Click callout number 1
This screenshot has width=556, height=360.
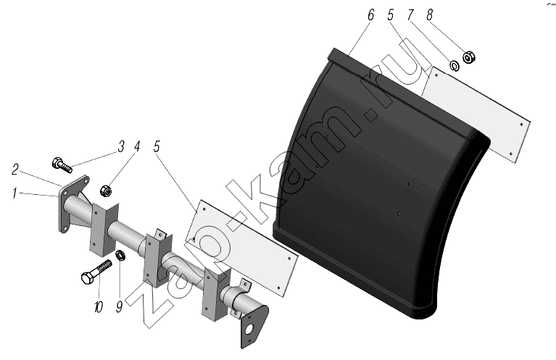click(x=14, y=193)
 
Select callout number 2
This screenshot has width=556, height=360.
click(x=14, y=169)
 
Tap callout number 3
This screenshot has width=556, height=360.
click(x=121, y=146)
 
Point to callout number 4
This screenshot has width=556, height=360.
click(x=137, y=146)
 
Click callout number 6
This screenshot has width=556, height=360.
click(x=371, y=15)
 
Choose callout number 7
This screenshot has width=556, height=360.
click(x=410, y=15)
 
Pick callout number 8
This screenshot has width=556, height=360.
click(x=429, y=15)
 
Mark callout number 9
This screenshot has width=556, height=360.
click(x=119, y=307)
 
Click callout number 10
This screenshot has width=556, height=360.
click(x=98, y=307)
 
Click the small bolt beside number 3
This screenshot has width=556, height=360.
click(x=62, y=165)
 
